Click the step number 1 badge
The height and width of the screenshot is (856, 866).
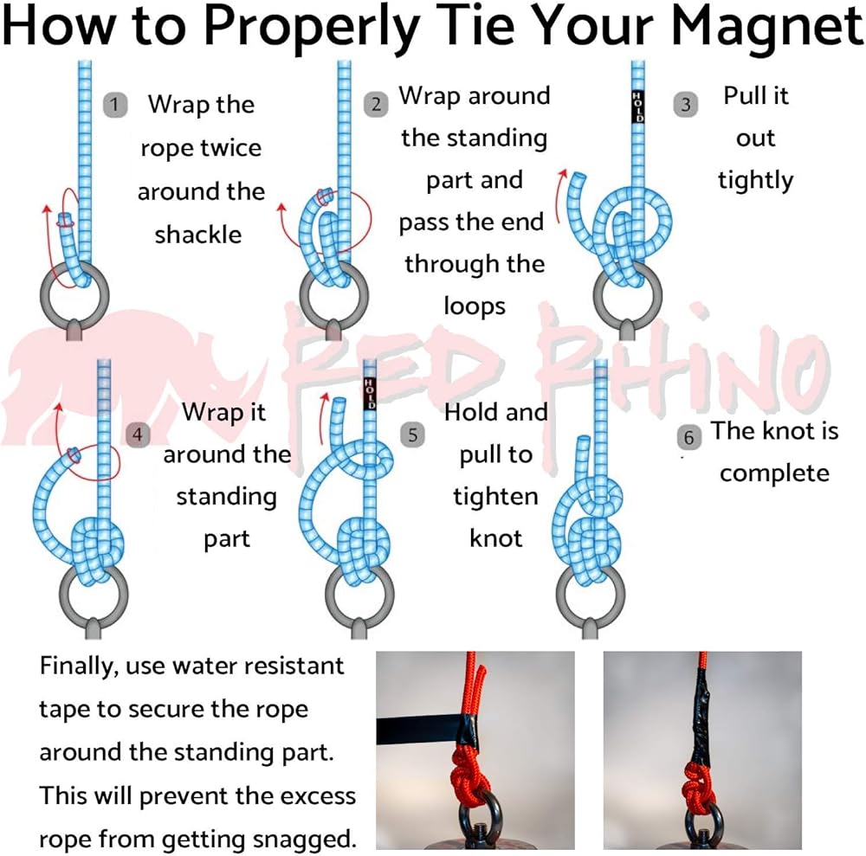coord(115,105)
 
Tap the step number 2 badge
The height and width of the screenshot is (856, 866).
coord(376,105)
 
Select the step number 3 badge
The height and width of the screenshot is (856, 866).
coord(685,105)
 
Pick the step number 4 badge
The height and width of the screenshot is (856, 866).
coord(138,434)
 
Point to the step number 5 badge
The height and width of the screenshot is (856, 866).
coord(412,434)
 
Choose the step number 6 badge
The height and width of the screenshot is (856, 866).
coord(688,438)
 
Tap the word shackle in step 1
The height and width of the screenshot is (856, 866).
coord(197,235)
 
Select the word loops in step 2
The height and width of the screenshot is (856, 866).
coord(475,306)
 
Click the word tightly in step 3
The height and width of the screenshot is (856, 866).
coord(755,181)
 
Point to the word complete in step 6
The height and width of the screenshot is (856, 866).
coord(774,474)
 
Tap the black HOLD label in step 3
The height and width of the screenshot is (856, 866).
coord(638,107)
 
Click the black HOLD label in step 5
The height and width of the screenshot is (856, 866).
coord(370,394)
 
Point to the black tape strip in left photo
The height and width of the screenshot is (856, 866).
coord(421,730)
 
